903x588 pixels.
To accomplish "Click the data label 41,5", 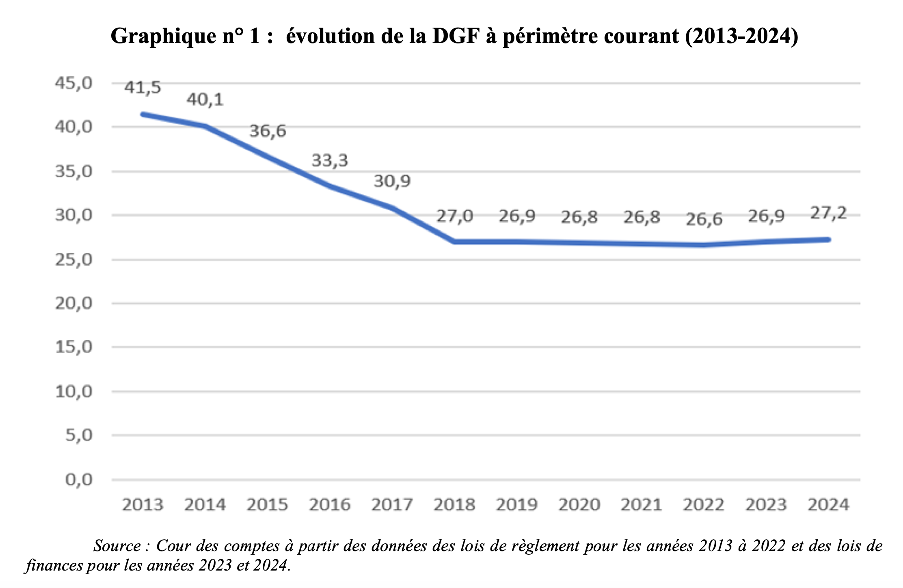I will (x=143, y=87).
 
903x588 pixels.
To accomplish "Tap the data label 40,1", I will (x=205, y=99).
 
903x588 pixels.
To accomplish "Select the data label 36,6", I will (x=268, y=131).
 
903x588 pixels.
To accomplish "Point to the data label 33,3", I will (x=330, y=160).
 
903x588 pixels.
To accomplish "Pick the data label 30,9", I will (x=392, y=181).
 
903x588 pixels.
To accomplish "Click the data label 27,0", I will (x=455, y=216).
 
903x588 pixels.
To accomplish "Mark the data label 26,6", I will (x=704, y=219).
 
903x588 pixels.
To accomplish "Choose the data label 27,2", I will (x=829, y=213).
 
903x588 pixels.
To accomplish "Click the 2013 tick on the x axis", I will (x=143, y=505).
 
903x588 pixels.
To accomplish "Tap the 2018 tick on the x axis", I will (x=454, y=505).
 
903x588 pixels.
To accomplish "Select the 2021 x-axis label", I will (x=642, y=505).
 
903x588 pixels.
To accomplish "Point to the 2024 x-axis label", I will (x=829, y=505).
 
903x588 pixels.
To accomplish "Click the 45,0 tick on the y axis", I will (x=74, y=83).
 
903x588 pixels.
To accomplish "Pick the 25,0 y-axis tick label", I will (x=74, y=259).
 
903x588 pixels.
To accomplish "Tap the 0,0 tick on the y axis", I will (x=79, y=480).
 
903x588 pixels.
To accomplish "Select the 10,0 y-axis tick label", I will (x=74, y=392).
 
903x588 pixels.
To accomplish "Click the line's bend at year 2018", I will (x=454, y=242).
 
